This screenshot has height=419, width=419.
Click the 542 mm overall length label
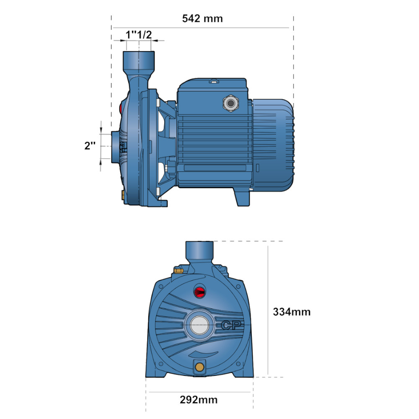coord(202,19)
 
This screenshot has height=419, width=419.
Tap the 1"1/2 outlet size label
coord(139,35)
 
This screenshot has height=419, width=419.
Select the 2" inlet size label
coord(90,146)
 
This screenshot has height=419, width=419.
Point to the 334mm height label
coord(292,312)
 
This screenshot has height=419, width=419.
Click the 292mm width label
coord(199,400)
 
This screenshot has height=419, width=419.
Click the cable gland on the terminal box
coord(230,103)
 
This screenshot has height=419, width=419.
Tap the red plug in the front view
coord(199,292)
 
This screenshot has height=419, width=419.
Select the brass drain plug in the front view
coord(199,367)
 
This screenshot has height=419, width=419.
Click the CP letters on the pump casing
coord(231,325)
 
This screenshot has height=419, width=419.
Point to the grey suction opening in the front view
coord(199,325)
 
